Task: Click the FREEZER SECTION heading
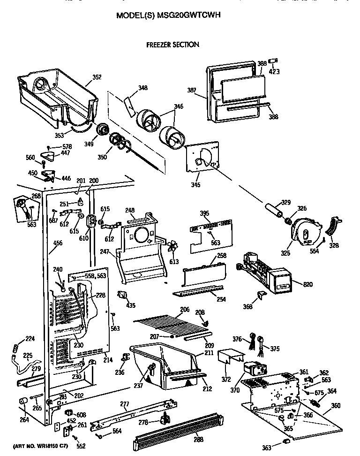172,45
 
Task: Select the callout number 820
308,284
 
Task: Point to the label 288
198,440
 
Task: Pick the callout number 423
274,72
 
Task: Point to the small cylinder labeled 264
22,402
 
